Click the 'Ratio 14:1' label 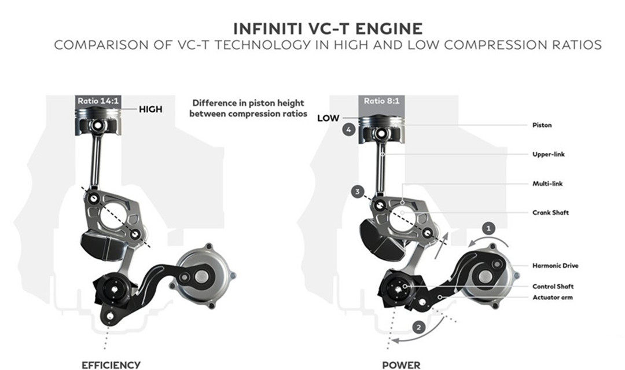pyautogui.click(x=98, y=101)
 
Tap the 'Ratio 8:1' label pyautogui.click(x=381, y=101)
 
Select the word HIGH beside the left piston pyautogui.click(x=150, y=109)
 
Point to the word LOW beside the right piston pyautogui.click(x=328, y=118)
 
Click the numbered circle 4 pyautogui.click(x=349, y=130)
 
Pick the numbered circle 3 pyautogui.click(x=358, y=192)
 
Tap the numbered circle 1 pyautogui.click(x=488, y=229)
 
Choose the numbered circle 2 pyautogui.click(x=418, y=328)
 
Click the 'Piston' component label pyautogui.click(x=542, y=125)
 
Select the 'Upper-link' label pyautogui.click(x=549, y=154)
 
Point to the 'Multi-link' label pyautogui.click(x=547, y=184)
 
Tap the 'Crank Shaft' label pyautogui.click(x=550, y=213)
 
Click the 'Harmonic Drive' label pyautogui.click(x=555, y=266)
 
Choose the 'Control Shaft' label pyautogui.click(x=553, y=286)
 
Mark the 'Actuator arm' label pyautogui.click(x=553, y=298)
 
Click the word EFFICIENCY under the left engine pyautogui.click(x=111, y=365)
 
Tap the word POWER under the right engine pyautogui.click(x=401, y=365)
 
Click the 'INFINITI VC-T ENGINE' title pyautogui.click(x=328, y=29)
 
